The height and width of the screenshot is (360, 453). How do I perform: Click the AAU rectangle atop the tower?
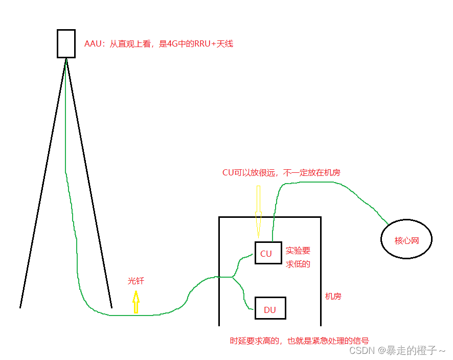click(x=66, y=43)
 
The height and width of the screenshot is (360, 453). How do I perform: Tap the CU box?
click(x=268, y=253)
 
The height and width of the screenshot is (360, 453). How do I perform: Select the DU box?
click(x=270, y=308)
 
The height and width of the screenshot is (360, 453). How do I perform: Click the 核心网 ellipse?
click(x=406, y=239)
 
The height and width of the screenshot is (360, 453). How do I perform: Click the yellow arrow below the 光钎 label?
click(x=136, y=302)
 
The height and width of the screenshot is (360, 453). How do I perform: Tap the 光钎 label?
click(x=135, y=281)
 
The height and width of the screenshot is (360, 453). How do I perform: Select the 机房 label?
click(x=333, y=296)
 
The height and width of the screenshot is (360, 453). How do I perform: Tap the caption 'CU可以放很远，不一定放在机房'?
click(x=281, y=173)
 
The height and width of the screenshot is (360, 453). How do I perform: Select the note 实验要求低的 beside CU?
click(x=298, y=257)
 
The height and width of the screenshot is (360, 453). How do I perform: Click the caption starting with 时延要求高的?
click(x=299, y=341)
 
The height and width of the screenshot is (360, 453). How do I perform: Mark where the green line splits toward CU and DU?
click(x=233, y=278)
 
